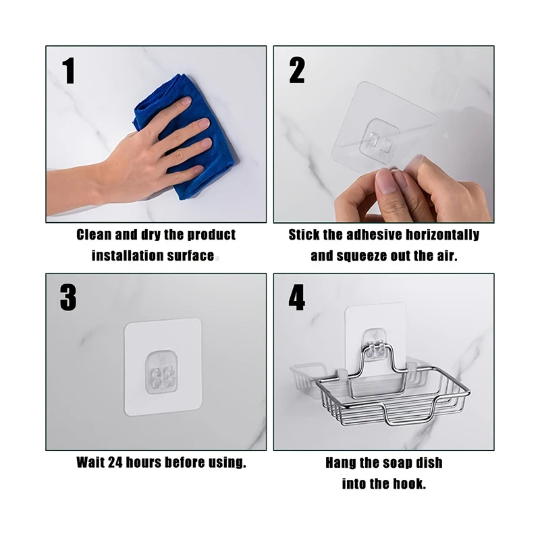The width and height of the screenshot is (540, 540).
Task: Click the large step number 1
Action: tap(69, 71)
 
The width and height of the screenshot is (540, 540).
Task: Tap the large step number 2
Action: tap(297, 70)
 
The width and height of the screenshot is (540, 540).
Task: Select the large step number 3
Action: tap(68, 298)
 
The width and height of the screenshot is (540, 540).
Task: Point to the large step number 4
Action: tap(296, 297)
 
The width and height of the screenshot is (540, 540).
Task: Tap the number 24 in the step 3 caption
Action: tap(115, 462)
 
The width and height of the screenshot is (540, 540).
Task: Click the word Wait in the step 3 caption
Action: tap(90, 462)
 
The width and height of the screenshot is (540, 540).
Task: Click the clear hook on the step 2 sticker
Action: tap(379, 140)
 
